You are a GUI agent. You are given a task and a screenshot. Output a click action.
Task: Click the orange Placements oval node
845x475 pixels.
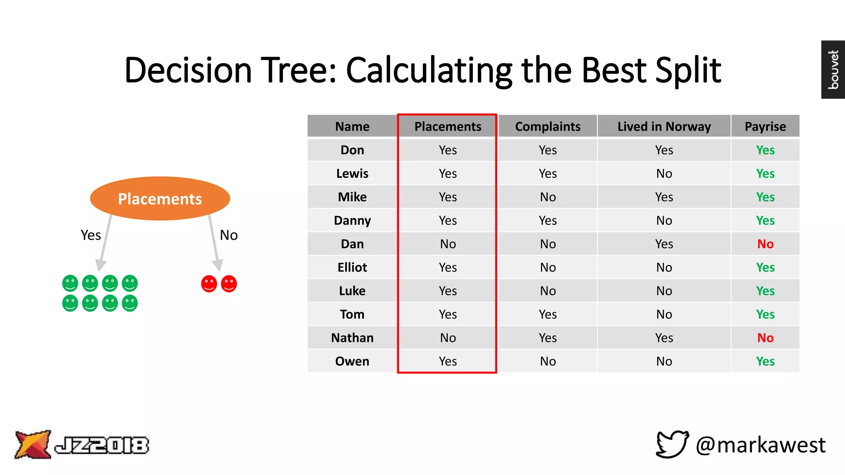click(x=160, y=198)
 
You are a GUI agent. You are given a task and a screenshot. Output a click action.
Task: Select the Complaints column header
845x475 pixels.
click(x=548, y=126)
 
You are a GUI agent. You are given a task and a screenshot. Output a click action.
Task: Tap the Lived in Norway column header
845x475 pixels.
click(x=664, y=126)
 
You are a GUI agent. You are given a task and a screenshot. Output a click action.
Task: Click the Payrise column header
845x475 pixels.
click(x=765, y=126)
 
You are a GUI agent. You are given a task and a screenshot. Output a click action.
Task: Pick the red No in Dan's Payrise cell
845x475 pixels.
click(x=765, y=244)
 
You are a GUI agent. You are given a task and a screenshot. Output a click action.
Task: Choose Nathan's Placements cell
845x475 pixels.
click(x=448, y=338)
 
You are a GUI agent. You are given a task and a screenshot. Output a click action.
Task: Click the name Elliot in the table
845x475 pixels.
click(x=352, y=267)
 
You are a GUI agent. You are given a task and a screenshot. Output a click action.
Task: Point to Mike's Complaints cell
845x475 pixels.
click(x=548, y=197)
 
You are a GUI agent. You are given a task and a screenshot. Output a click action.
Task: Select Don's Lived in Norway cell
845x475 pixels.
click(x=664, y=150)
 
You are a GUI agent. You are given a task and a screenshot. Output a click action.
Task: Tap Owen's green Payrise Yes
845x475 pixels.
click(x=765, y=361)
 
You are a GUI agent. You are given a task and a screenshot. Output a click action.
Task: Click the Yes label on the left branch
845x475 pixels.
click(x=91, y=235)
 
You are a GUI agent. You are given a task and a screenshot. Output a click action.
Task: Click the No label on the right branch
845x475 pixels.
click(x=229, y=235)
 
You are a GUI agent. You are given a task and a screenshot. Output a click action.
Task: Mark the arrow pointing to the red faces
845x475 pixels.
click(x=214, y=243)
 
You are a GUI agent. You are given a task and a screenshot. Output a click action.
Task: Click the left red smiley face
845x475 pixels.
click(x=209, y=284)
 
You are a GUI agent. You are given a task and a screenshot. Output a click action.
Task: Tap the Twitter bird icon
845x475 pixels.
click(x=672, y=444)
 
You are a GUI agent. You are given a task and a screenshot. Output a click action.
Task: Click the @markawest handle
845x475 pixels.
click(x=760, y=445)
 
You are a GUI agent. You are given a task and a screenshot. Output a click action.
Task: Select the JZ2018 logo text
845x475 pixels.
click(x=101, y=445)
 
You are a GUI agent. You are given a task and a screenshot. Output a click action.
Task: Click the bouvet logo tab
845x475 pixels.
click(x=833, y=69)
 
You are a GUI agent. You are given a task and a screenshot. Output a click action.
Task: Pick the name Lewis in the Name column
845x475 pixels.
click(x=352, y=173)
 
